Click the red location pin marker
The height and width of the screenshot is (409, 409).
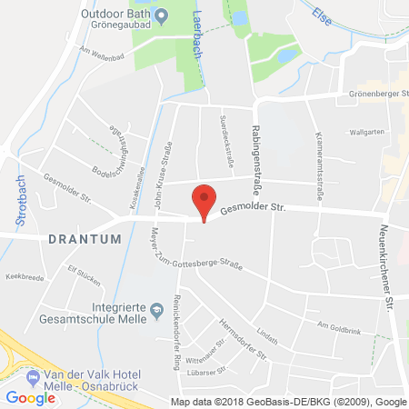pyautogui.click(x=206, y=199)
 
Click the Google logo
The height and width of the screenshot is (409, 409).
pyautogui.click(x=30, y=397)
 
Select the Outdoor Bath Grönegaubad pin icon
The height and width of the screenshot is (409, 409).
pyautogui.click(x=161, y=15)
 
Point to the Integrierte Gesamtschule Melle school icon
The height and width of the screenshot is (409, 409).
pyautogui.click(x=157, y=307)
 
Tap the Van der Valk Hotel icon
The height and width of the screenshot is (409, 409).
pyautogui.click(x=34, y=374)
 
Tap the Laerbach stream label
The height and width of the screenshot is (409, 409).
pyautogui.click(x=200, y=21)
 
